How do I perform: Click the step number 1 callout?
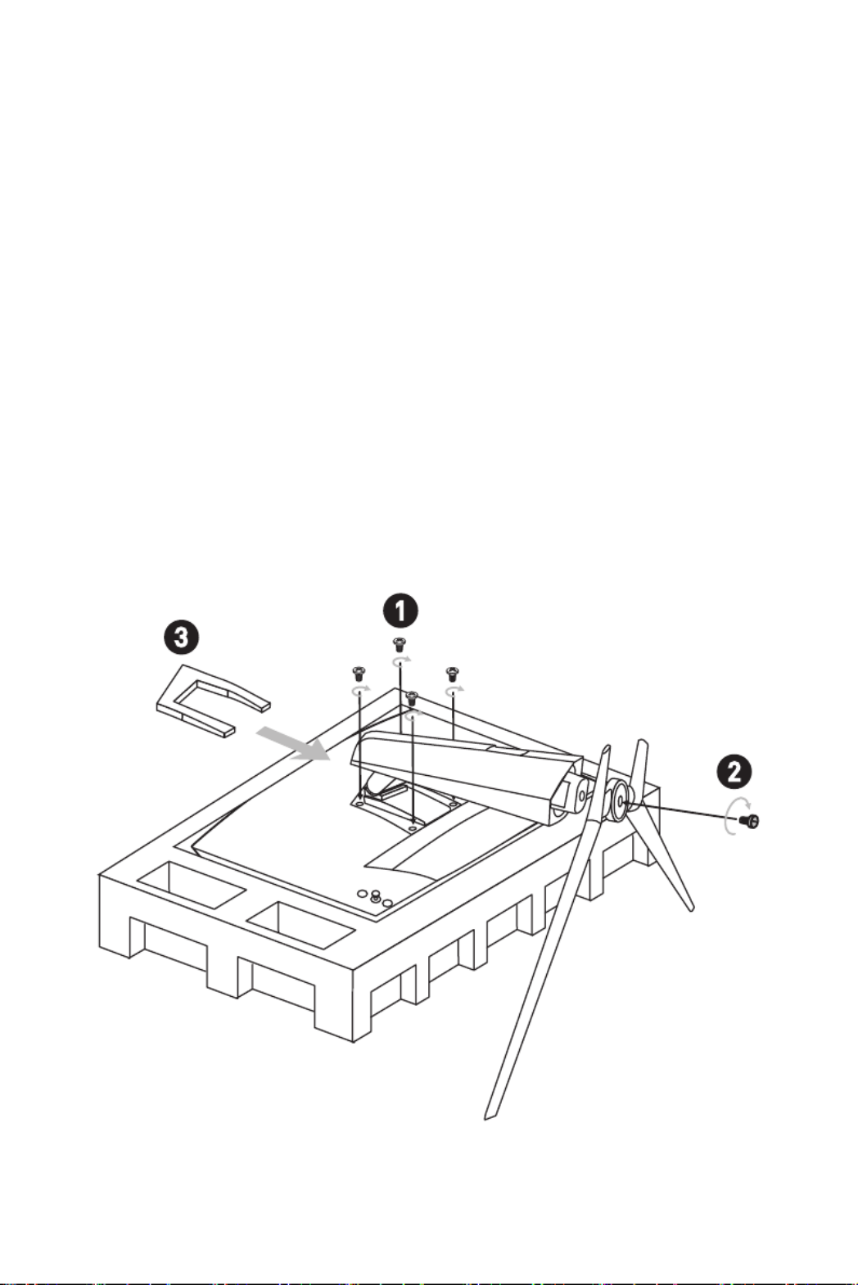401,611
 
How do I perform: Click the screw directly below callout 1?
400,642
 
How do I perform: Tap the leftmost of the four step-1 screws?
357,673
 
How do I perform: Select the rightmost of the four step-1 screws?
451,674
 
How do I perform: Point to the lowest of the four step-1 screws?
413,697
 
